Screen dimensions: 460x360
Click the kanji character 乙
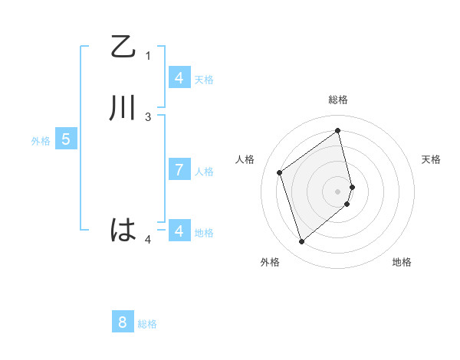(x=123, y=47)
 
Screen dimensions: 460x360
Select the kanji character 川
(x=123, y=108)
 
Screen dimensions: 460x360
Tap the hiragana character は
(x=123, y=230)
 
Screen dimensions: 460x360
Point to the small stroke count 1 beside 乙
(x=148, y=55)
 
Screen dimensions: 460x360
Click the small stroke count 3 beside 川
(x=148, y=116)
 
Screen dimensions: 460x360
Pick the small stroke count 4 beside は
(x=148, y=239)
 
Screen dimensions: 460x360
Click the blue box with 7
(x=179, y=170)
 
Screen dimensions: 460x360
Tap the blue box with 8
(x=123, y=322)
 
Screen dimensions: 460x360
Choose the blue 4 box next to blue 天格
(x=179, y=77)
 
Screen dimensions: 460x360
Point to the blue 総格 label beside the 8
(x=147, y=324)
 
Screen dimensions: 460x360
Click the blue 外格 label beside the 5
(x=41, y=141)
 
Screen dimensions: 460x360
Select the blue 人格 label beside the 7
(x=204, y=172)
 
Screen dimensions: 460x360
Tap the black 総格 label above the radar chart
(x=337, y=100)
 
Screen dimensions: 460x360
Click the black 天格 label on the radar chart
(x=431, y=159)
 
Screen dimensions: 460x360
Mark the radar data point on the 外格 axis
(x=301, y=242)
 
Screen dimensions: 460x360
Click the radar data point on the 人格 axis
(x=280, y=172)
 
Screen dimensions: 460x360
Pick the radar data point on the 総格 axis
(x=338, y=130)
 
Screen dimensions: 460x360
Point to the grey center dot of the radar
(x=337, y=191)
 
